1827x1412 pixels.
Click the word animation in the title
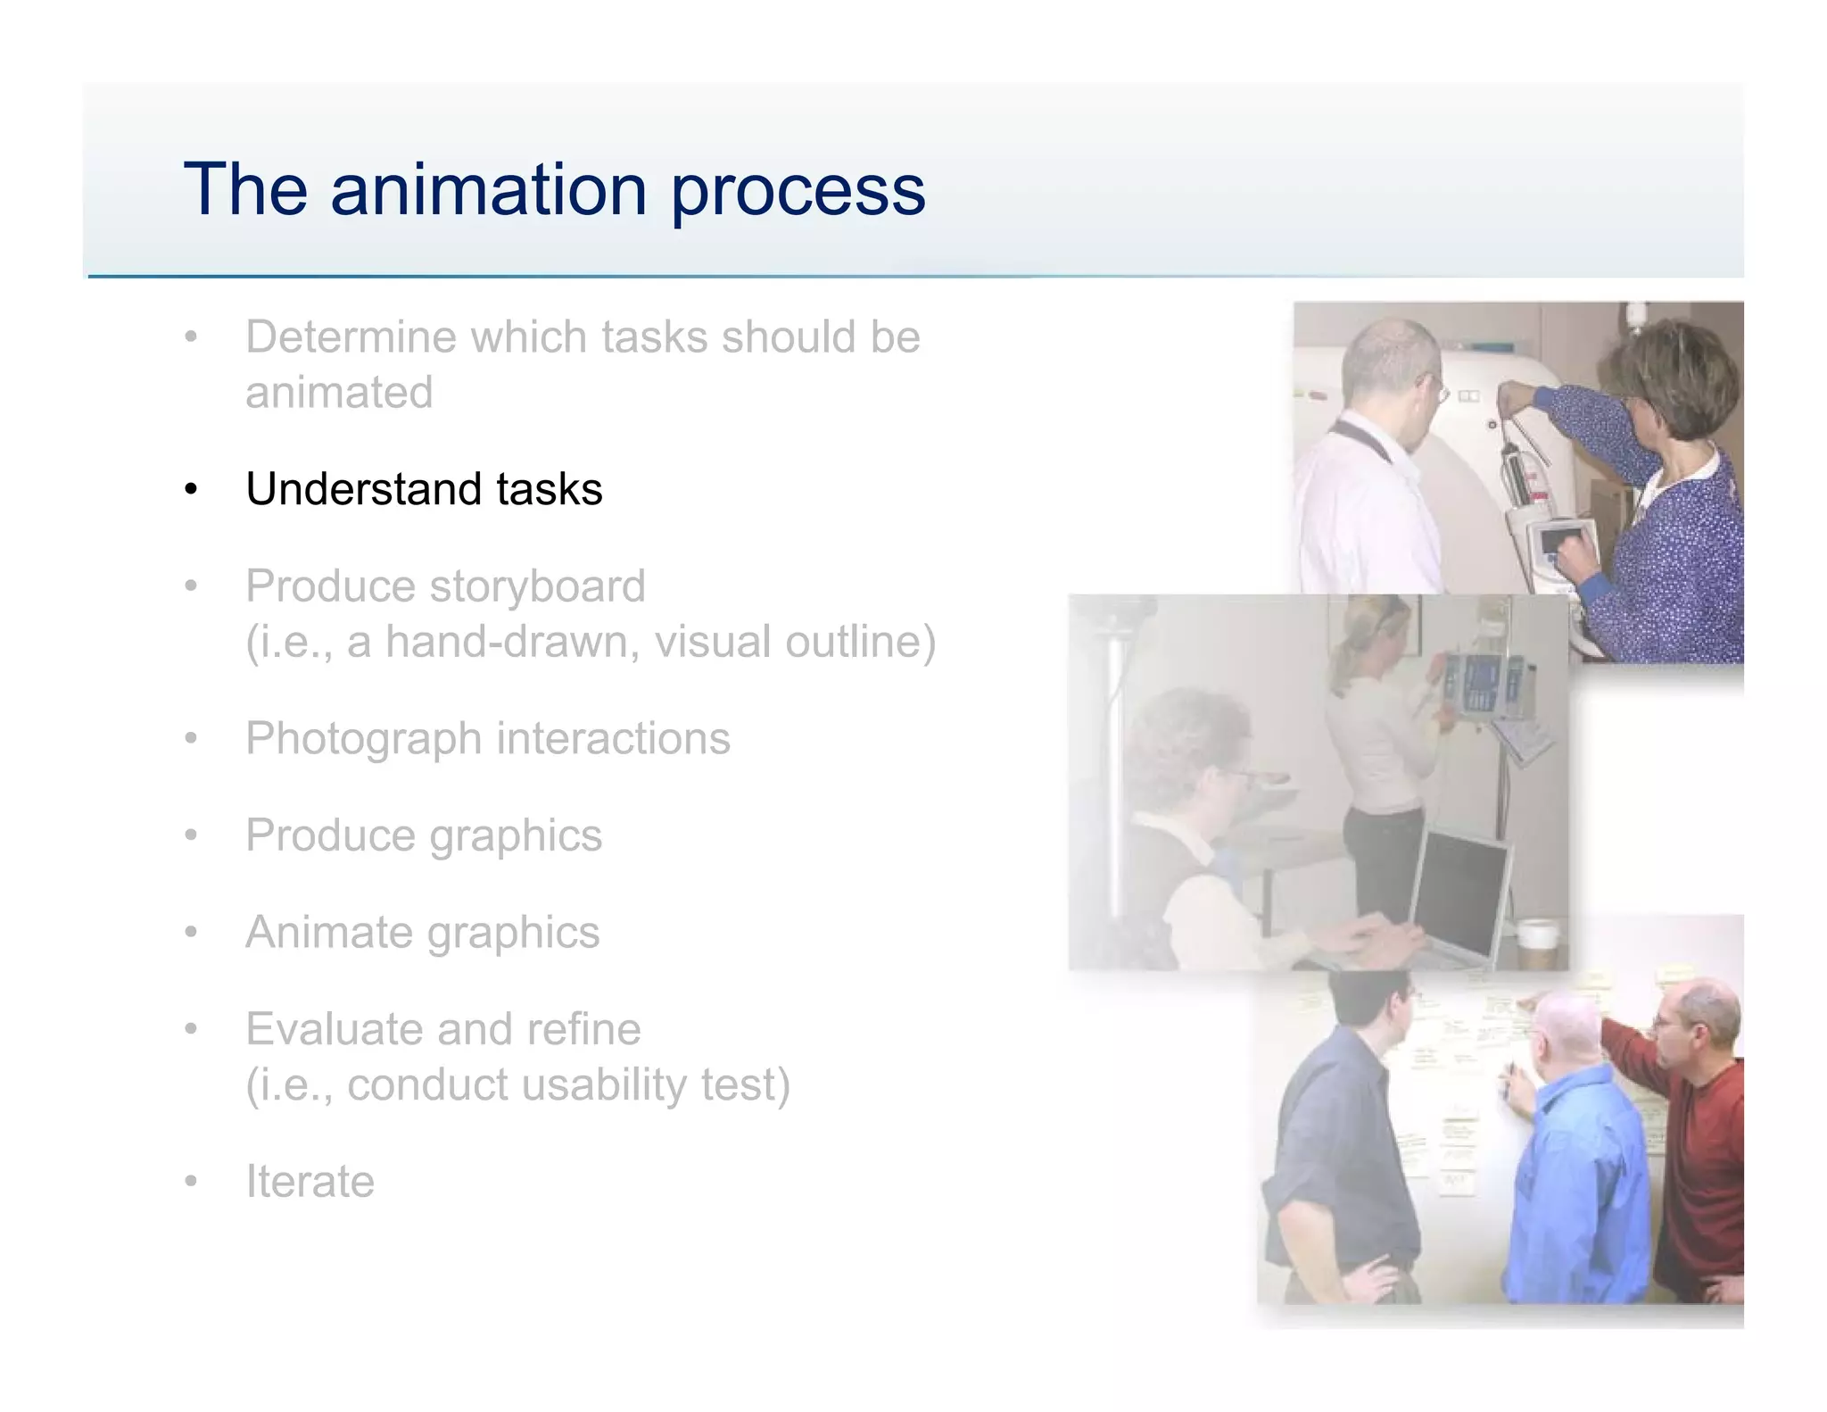(488, 189)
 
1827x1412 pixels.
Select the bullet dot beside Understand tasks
(190, 490)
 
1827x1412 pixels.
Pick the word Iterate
(310, 1182)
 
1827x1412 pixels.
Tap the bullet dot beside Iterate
(190, 1182)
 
